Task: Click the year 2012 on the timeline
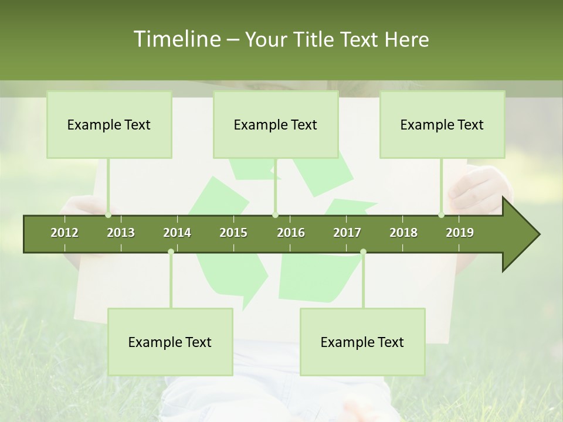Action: point(65,233)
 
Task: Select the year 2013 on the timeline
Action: point(121,233)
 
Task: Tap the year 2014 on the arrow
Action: point(177,233)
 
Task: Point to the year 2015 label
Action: point(233,233)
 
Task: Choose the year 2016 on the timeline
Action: point(291,233)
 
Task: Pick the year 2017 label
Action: point(347,233)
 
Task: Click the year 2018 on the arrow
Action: point(403,233)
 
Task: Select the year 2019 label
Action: point(460,233)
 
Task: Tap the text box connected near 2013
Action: point(109,124)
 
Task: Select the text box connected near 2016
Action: point(276,124)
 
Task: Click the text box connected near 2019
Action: point(442,124)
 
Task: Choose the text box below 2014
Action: point(170,342)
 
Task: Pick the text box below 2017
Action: point(362,342)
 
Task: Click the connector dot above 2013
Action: point(108,215)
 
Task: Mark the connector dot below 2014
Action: point(171,251)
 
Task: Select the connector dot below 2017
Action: point(363,251)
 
